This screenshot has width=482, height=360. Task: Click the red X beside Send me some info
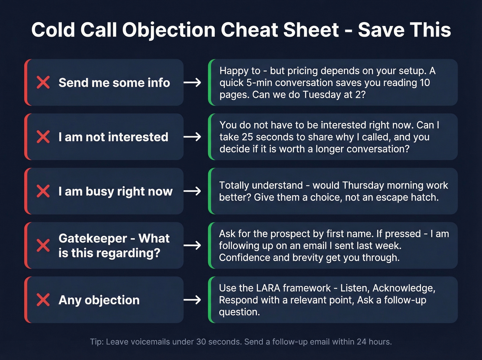[43, 83]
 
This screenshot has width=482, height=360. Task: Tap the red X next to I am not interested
[43, 137]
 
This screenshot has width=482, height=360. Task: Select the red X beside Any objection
[43, 300]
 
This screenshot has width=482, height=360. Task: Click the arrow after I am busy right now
[192, 191]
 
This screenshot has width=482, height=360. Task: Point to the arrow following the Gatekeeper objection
[192, 245]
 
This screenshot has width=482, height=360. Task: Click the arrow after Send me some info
[192, 83]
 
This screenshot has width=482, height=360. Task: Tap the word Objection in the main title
[169, 30]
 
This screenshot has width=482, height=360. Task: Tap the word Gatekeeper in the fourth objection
[93, 238]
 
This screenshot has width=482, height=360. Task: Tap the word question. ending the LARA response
[239, 312]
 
